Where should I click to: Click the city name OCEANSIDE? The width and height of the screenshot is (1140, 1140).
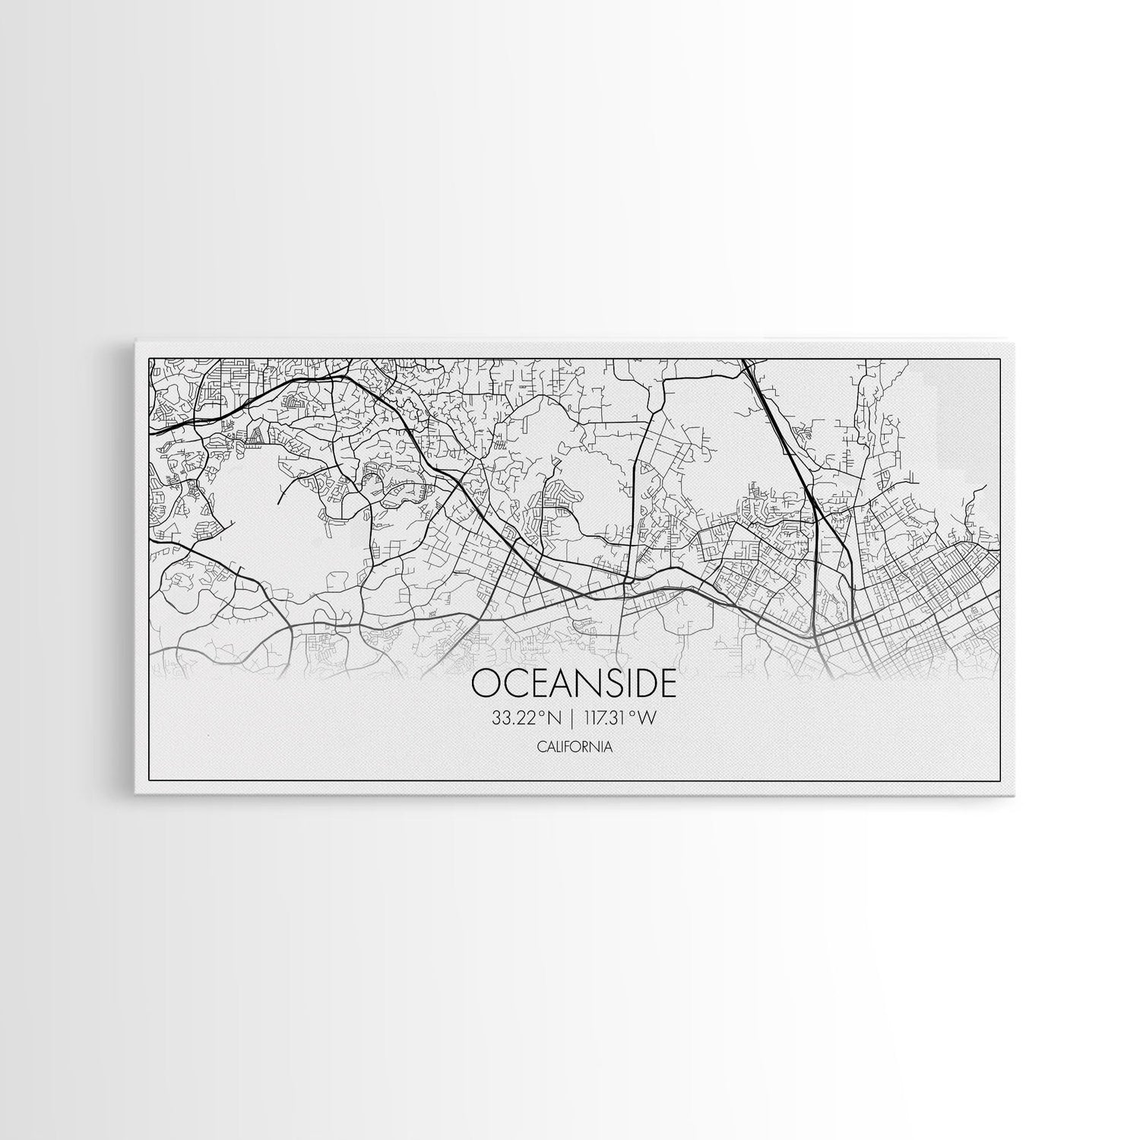(573, 683)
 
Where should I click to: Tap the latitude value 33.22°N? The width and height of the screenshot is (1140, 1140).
(526, 718)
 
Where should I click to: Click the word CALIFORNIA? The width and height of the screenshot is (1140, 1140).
(575, 747)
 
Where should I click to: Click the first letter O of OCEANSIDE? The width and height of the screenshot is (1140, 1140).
(486, 683)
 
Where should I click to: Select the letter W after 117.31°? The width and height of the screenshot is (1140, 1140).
(647, 718)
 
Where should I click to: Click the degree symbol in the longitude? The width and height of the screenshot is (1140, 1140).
(632, 714)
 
